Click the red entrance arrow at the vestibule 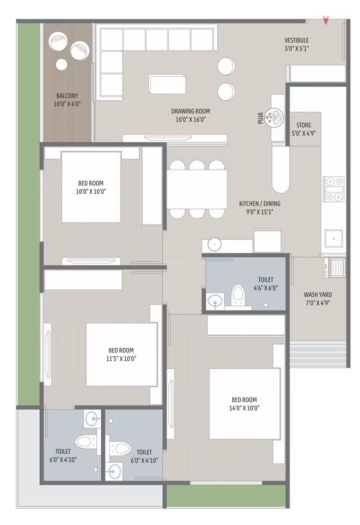(326, 21)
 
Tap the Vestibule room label (297, 40)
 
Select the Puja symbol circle (274, 117)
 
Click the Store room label (303, 126)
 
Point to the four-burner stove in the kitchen (333, 189)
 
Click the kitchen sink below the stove (333, 238)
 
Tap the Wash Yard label (318, 295)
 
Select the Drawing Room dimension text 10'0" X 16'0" (191, 119)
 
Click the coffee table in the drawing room (167, 84)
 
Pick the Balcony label (67, 96)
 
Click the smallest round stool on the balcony (62, 65)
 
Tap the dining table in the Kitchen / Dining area (197, 189)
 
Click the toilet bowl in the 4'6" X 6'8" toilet (238, 294)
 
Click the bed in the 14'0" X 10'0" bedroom (245, 404)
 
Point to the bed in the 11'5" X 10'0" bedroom (122, 354)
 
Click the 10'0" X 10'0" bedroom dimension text (90, 191)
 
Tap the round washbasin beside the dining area (214, 244)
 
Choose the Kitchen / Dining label (260, 203)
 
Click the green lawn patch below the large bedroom (226, 495)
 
